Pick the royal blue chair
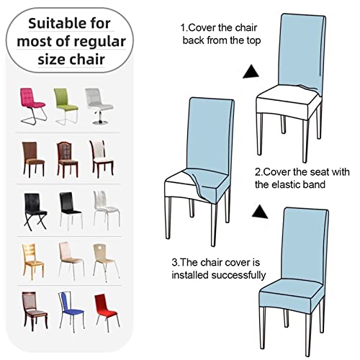(71, 311)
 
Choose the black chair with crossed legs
(35, 211)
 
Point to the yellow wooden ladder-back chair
(33, 261)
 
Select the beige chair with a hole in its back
(106, 261)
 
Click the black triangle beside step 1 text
(251, 72)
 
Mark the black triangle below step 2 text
(260, 212)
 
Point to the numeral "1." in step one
(184, 28)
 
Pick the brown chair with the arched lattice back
(67, 159)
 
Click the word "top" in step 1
(253, 40)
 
